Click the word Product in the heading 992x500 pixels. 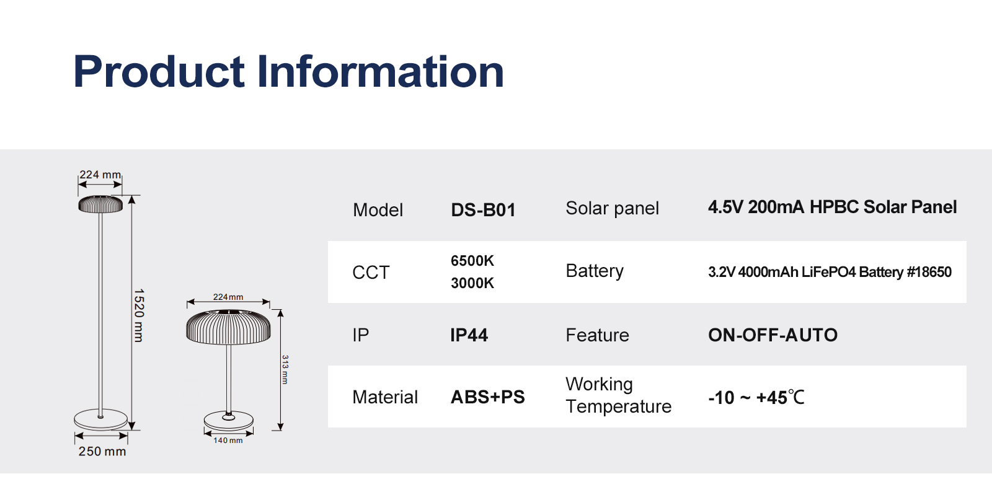tap(159, 72)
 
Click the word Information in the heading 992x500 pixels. tap(381, 72)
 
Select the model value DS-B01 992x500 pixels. tap(483, 210)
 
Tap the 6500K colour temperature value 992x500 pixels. tap(472, 261)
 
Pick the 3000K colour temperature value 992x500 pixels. tap(472, 283)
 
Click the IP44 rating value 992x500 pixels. tap(469, 335)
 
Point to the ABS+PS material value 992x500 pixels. tap(487, 397)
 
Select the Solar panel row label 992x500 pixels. tap(612, 208)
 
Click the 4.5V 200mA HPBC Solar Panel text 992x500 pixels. tap(832, 207)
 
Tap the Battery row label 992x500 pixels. tap(595, 271)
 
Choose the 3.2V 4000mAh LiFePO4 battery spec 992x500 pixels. tap(830, 271)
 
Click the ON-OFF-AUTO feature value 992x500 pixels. tap(773, 335)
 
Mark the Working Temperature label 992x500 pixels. tap(618, 395)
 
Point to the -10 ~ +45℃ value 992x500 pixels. tap(756, 397)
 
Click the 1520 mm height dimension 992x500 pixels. tap(139, 315)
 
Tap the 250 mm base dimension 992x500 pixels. tap(102, 451)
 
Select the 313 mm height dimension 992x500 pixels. tap(285, 369)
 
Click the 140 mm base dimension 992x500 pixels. tap(228, 441)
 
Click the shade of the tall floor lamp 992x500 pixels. tap(100, 204)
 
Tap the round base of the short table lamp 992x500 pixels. tap(229, 421)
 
